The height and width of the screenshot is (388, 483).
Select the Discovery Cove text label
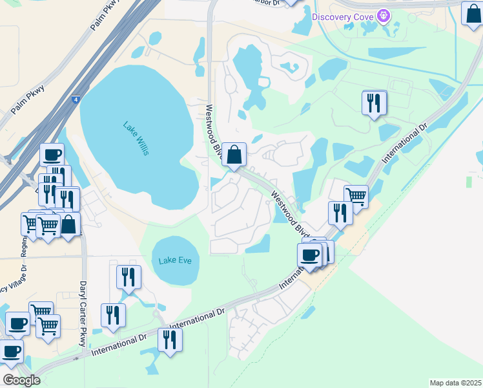[343, 16]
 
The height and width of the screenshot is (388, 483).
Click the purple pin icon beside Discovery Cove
[385, 14]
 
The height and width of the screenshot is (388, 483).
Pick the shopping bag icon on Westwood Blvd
[234, 155]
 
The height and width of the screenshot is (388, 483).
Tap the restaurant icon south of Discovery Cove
[375, 103]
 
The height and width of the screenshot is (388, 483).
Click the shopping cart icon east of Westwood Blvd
[355, 196]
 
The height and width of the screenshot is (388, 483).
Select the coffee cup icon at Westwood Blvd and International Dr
[310, 254]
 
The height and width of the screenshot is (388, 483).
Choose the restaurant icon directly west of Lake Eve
[128, 277]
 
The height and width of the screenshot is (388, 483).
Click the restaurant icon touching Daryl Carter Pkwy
[113, 315]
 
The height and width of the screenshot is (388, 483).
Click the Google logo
[22, 380]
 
